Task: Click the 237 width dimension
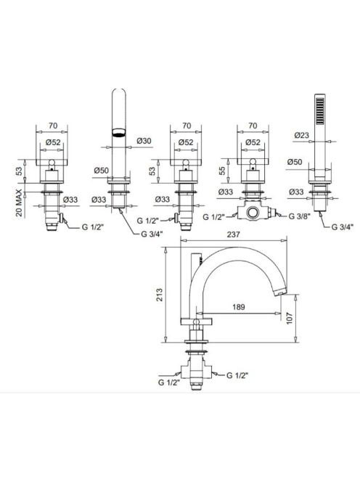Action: (233, 234)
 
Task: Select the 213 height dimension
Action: (159, 295)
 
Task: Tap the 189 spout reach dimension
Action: (239, 307)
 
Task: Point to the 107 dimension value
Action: (290, 319)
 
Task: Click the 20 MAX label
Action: (19, 203)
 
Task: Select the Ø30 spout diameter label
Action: (144, 141)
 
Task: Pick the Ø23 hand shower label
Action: (301, 135)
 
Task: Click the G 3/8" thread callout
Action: (299, 216)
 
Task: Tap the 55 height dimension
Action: (222, 171)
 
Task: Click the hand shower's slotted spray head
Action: (320, 111)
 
